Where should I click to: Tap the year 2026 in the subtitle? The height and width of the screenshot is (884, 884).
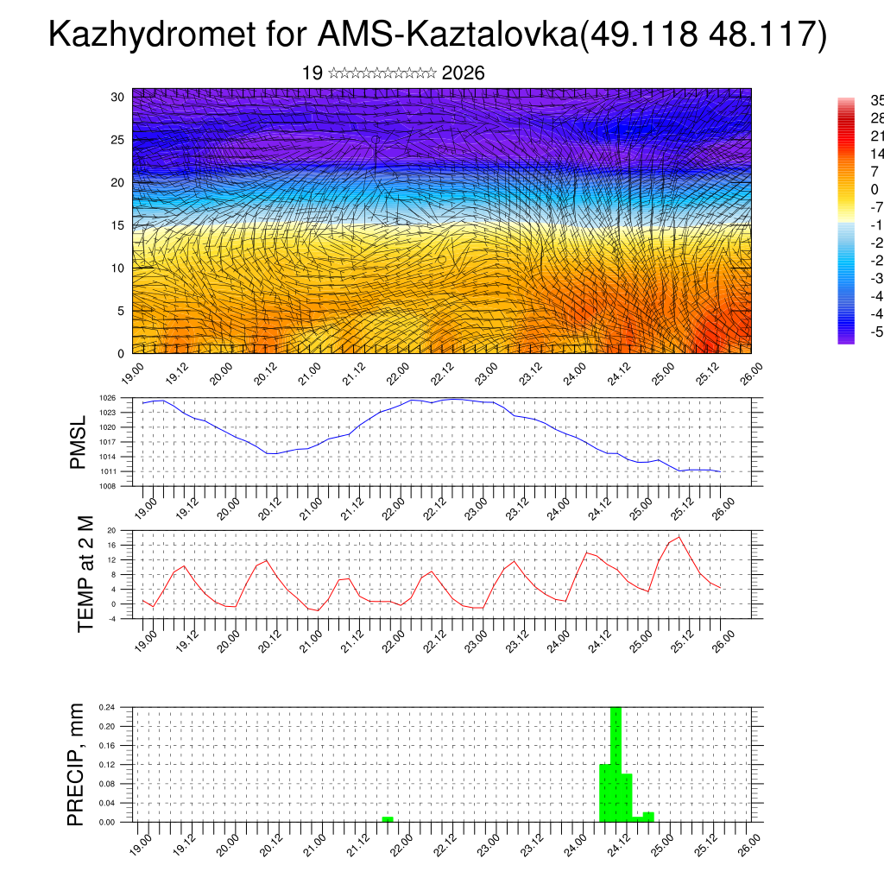click(x=463, y=73)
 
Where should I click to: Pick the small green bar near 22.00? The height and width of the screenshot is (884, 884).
click(x=388, y=818)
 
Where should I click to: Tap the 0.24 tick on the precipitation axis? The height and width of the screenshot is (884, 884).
click(x=107, y=707)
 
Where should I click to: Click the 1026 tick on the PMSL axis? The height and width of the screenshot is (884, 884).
click(x=107, y=398)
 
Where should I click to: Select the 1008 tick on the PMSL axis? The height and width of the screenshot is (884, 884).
click(x=107, y=486)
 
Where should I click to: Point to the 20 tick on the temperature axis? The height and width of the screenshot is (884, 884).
click(x=112, y=530)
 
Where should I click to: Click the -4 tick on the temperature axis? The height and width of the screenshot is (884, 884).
click(x=112, y=618)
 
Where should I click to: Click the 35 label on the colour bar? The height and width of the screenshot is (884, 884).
click(x=875, y=100)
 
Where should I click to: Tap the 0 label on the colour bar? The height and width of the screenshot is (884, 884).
click(x=874, y=190)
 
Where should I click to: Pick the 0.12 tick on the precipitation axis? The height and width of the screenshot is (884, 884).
click(x=107, y=765)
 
